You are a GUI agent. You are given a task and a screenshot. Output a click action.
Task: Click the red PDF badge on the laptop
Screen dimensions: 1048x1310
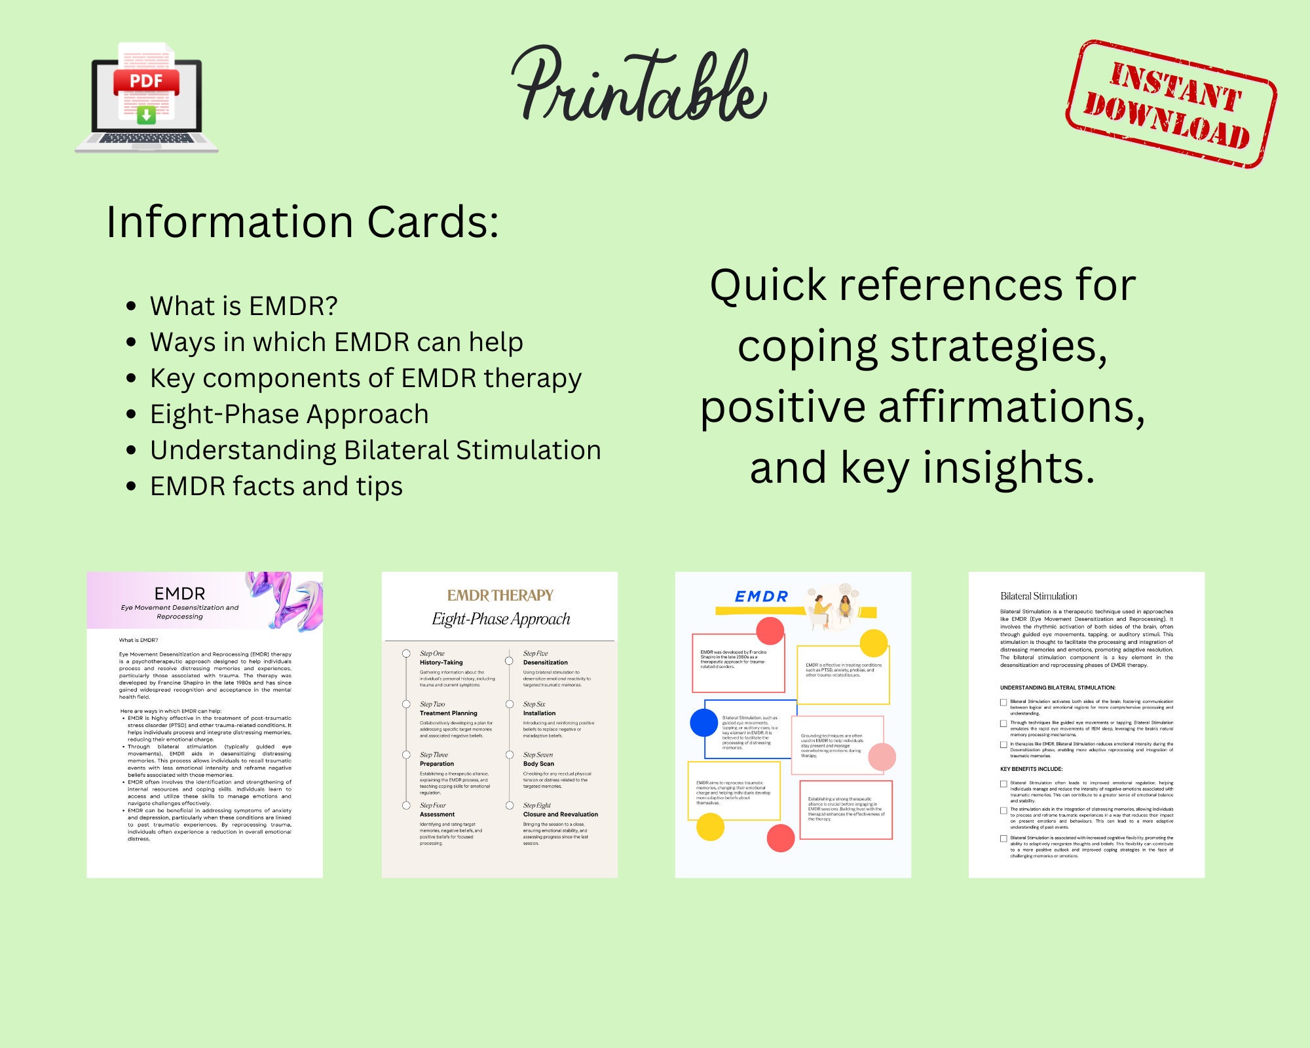[x=146, y=81]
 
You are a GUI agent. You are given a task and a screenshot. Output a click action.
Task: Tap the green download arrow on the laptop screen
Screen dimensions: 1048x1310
[x=146, y=115]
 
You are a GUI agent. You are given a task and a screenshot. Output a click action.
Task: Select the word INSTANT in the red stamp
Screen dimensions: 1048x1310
[x=1176, y=87]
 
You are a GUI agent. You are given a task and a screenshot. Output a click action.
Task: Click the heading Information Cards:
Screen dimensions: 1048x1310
[x=303, y=222]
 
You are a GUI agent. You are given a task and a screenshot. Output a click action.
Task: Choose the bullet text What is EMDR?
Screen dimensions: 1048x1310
[x=244, y=306]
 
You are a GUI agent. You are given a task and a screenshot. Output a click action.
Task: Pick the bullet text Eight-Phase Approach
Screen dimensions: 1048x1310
[x=289, y=414]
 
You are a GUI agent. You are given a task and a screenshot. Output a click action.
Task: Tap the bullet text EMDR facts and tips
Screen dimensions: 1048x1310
[x=276, y=486]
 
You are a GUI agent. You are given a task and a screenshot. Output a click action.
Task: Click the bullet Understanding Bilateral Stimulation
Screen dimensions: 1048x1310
[x=375, y=450]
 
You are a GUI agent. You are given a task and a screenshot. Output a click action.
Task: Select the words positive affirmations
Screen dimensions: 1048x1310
[x=922, y=407]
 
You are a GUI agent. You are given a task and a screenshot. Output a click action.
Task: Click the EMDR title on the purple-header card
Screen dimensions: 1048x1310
[x=179, y=593]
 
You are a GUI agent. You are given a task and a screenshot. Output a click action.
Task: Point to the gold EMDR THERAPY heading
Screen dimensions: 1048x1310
[x=500, y=595]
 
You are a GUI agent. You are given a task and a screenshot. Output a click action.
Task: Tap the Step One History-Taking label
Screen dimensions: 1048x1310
[x=441, y=658]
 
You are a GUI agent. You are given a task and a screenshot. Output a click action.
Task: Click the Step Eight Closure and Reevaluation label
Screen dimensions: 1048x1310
[x=560, y=810]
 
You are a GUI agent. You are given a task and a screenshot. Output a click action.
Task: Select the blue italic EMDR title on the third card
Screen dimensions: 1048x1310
[x=761, y=596]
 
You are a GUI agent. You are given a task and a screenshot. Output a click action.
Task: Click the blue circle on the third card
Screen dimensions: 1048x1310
[x=704, y=722]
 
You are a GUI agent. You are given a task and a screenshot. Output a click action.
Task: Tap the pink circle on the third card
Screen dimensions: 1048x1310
[x=882, y=757]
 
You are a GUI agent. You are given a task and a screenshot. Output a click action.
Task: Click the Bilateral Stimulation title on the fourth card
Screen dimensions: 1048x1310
[x=1038, y=596]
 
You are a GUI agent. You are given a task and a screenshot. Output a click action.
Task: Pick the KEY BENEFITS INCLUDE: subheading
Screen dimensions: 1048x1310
[x=1031, y=769]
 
